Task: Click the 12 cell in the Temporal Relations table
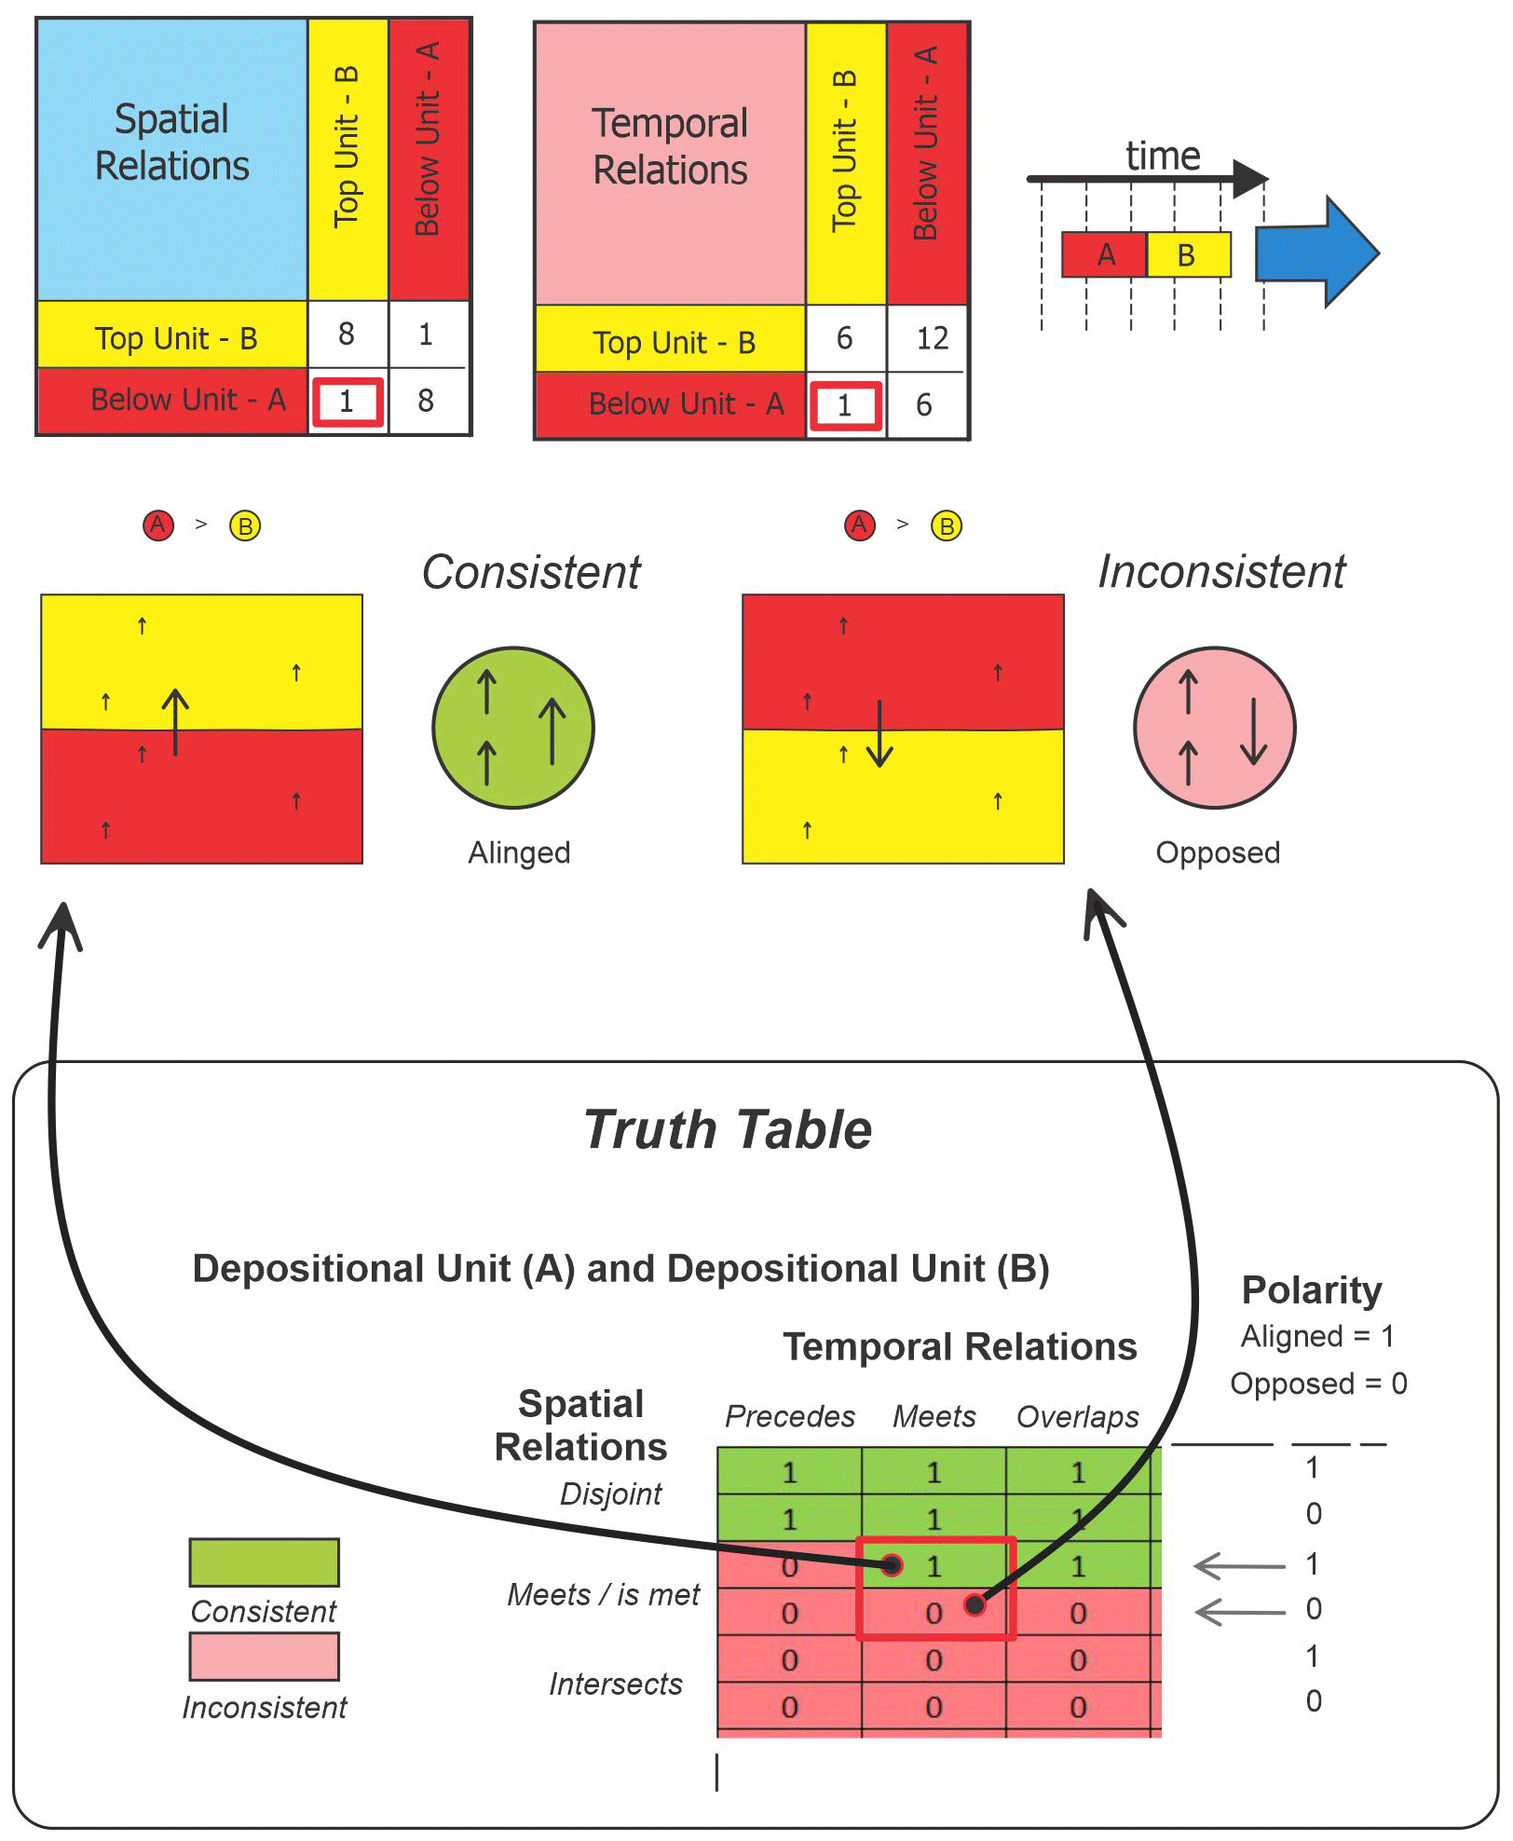click(931, 338)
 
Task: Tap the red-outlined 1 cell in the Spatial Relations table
click(347, 402)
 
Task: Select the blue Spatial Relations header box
click(172, 158)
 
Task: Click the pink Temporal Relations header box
click(670, 163)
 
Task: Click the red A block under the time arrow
click(1104, 254)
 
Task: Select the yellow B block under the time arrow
click(1188, 254)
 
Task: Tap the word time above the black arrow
click(1163, 156)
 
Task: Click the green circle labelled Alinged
click(513, 727)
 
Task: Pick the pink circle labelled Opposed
click(1214, 727)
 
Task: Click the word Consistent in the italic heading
click(531, 572)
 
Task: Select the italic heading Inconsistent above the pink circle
click(1221, 571)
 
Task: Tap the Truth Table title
click(728, 1130)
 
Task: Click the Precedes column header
click(790, 1416)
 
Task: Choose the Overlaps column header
click(1077, 1416)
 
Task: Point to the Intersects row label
click(616, 1684)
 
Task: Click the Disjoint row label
click(611, 1493)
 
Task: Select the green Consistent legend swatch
click(264, 1562)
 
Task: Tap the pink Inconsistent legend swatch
click(264, 1657)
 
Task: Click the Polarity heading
click(1312, 1290)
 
